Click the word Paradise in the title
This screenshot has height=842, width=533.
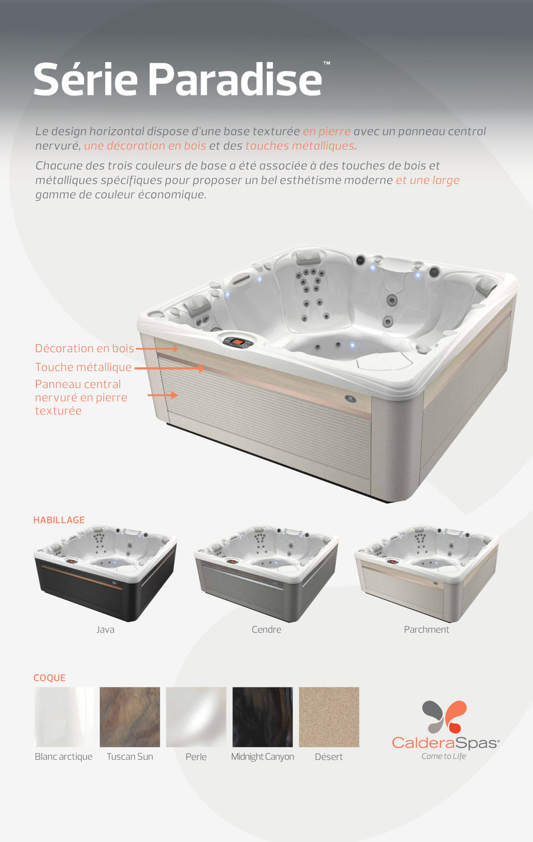[x=235, y=80]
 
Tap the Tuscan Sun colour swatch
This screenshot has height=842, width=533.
[x=130, y=717]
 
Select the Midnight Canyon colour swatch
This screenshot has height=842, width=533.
[x=263, y=717]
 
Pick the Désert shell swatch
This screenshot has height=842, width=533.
[x=329, y=717]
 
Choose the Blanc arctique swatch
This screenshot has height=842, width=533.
[x=64, y=717]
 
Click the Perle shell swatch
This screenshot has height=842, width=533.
[x=196, y=717]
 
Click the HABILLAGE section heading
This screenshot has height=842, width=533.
[x=59, y=520]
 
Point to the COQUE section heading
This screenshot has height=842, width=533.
[x=49, y=678]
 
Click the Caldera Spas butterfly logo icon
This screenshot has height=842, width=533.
[x=444, y=717]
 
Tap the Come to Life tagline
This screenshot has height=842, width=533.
[x=444, y=756]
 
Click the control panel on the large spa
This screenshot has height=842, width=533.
[x=238, y=341]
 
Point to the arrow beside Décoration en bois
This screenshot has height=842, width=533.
[x=157, y=349]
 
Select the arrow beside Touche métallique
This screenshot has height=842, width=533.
[x=169, y=368]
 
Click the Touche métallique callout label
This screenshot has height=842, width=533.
[x=83, y=367]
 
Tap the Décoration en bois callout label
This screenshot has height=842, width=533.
[x=84, y=348]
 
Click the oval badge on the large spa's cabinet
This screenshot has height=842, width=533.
[x=350, y=399]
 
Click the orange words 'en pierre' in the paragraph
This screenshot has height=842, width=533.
[x=327, y=132]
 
